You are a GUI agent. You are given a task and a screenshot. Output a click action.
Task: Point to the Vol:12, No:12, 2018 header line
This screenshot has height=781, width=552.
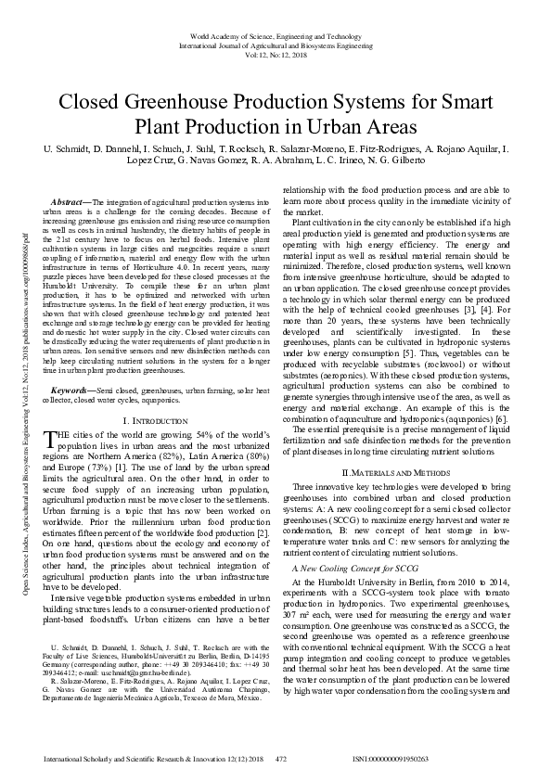[276, 53]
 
